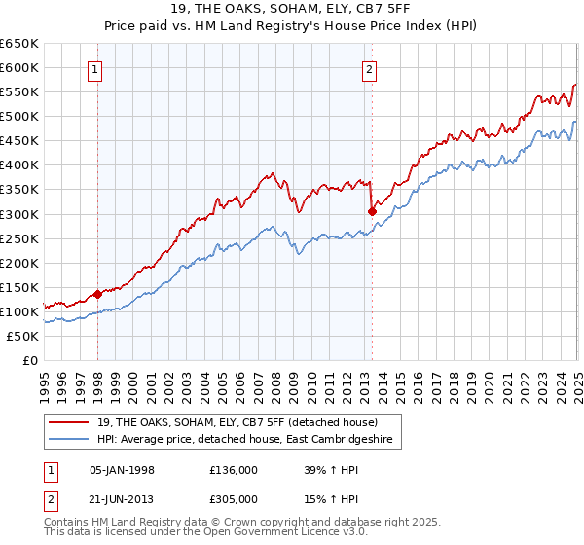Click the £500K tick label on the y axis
(19, 117)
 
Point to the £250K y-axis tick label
(19, 238)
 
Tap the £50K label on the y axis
(23, 336)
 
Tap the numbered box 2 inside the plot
(371, 69)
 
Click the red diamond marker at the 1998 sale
(97, 294)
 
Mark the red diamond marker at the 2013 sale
(372, 211)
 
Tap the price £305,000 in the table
(234, 499)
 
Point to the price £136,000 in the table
(234, 470)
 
